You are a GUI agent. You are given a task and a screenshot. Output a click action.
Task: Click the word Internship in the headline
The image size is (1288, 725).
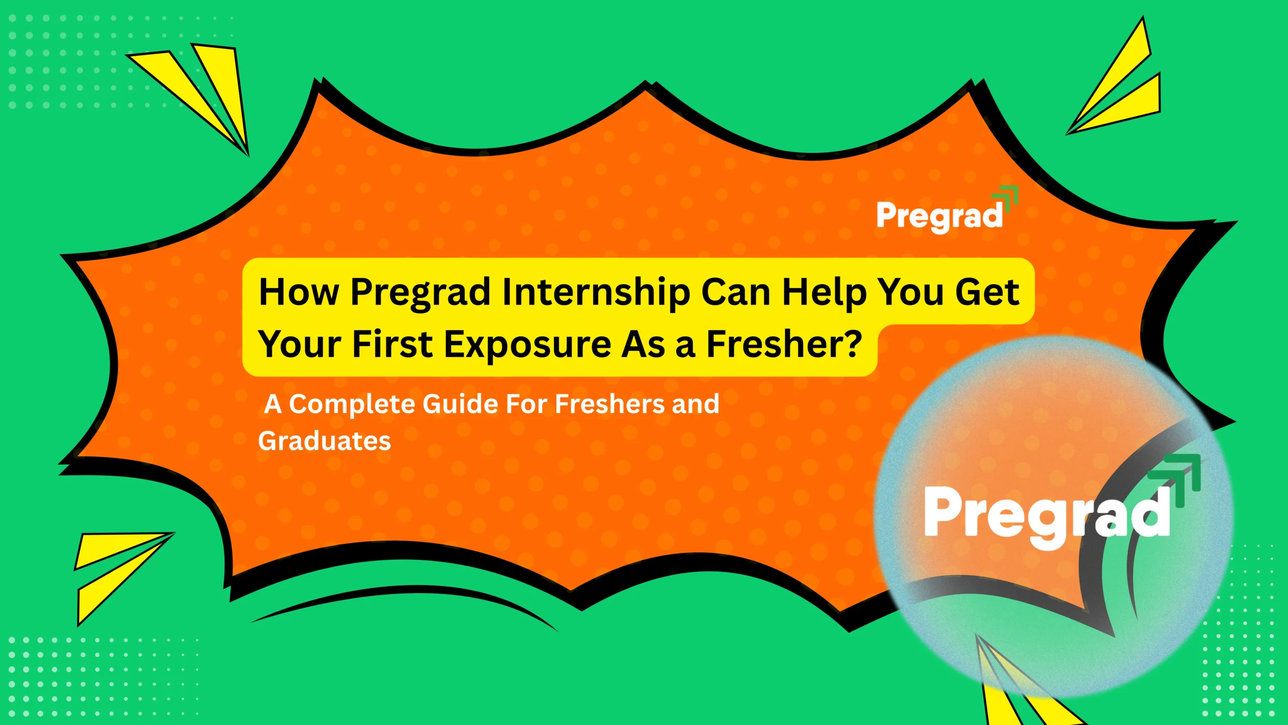[596, 293]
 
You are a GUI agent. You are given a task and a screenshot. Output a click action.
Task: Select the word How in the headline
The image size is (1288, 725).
[299, 293]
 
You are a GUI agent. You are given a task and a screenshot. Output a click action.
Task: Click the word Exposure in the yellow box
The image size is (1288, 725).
[528, 345]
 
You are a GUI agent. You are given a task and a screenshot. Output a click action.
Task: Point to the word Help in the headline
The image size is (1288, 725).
[825, 293]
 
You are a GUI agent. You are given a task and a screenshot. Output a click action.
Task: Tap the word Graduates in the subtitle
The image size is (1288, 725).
[325, 441]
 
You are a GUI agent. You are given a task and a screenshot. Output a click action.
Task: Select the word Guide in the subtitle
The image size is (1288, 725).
[460, 404]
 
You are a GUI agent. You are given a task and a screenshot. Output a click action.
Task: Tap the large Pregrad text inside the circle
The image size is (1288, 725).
[1046, 514]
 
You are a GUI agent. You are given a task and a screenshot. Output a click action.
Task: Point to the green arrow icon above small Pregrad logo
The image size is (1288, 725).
[1006, 196]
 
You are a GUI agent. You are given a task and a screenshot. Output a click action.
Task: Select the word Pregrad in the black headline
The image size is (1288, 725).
[420, 294]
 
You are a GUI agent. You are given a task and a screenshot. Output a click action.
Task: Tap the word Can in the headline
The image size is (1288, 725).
[736, 293]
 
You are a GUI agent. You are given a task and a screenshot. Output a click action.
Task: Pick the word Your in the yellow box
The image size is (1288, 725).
[300, 345]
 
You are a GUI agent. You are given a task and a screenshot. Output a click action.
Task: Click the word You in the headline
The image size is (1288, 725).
[910, 293]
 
